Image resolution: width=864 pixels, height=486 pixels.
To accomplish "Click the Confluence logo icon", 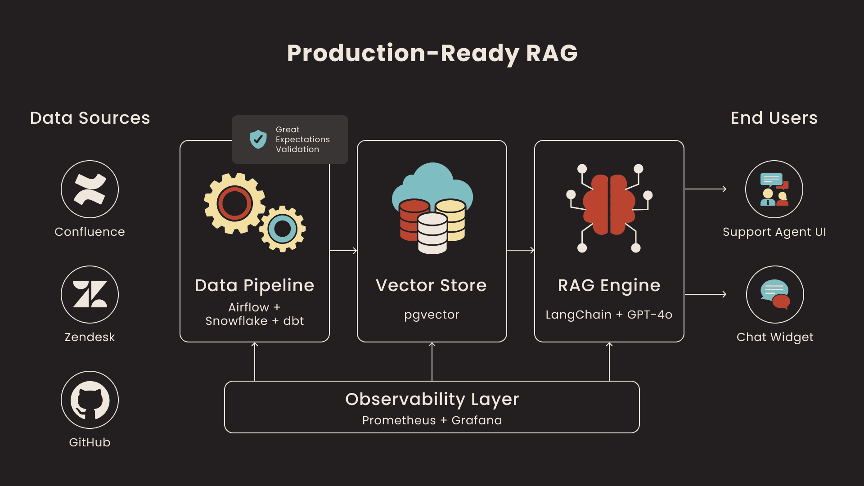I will tap(90, 189).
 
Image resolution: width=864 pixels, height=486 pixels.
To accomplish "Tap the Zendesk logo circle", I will tap(90, 294).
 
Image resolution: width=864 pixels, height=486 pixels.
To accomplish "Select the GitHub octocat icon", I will tap(90, 400).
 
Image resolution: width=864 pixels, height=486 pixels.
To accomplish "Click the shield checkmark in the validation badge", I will tap(258, 139).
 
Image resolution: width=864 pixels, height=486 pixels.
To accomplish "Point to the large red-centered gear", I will tap(234, 203).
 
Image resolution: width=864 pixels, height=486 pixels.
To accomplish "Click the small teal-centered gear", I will tap(283, 229).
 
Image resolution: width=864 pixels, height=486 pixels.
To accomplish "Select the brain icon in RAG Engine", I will tap(609, 205).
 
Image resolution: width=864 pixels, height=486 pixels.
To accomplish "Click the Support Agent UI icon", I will tap(774, 189).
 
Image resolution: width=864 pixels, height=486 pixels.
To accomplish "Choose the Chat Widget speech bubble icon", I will tap(775, 294).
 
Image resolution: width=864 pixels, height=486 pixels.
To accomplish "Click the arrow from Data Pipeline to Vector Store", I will tap(343, 250).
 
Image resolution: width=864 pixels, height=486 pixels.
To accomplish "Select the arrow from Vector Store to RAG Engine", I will tap(521, 250).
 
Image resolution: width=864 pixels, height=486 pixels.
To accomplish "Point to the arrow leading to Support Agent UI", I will tap(705, 189).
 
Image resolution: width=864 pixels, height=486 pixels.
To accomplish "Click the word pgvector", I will tap(432, 315).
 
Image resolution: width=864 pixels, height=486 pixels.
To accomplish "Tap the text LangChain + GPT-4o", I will tap(609, 315).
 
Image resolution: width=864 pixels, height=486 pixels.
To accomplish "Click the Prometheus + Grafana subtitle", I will tap(432, 420).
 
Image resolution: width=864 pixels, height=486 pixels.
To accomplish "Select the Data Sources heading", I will tap(90, 118).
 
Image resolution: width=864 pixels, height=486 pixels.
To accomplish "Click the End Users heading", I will tap(774, 118).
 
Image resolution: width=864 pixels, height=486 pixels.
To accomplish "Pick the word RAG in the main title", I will tap(551, 53).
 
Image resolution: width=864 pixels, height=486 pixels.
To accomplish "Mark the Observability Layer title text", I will tap(432, 399).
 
